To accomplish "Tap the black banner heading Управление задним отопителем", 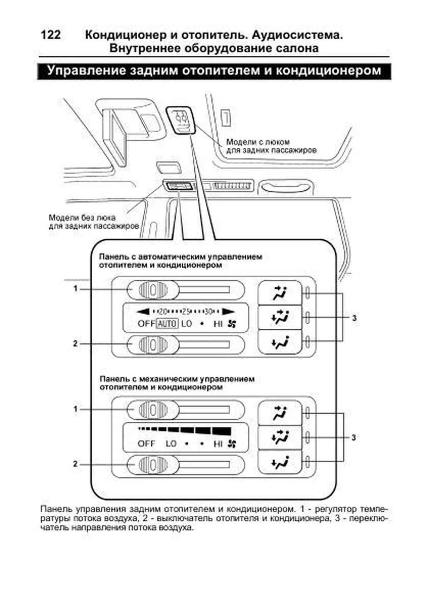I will tap(214, 70).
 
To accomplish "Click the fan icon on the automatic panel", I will tap(232, 324).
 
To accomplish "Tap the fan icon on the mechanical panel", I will tap(232, 443).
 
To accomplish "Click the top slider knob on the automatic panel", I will tap(153, 290).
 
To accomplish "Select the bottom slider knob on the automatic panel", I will tap(153, 344).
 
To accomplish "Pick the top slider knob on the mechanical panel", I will tap(153, 410).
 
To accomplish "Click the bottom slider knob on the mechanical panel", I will tap(153, 465).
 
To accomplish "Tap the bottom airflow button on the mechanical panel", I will tap(280, 463).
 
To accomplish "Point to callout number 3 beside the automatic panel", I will tap(354, 318).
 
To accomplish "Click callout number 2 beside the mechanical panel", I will tap(75, 464).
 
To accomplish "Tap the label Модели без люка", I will tap(82, 217).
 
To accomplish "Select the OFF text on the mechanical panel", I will tap(146, 443).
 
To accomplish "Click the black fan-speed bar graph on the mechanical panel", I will tap(186, 430).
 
